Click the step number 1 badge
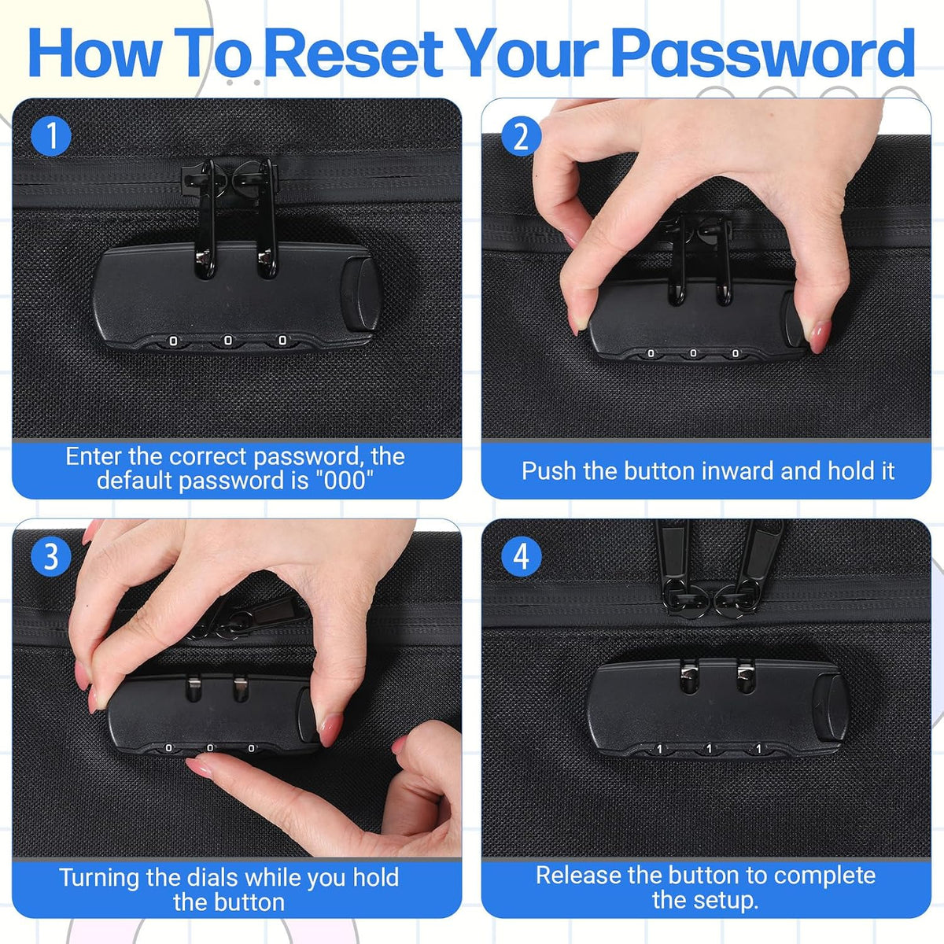[x=51, y=135]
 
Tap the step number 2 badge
[x=522, y=135]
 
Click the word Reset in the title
[x=356, y=53]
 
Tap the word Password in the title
[x=763, y=53]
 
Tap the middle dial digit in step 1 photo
[x=228, y=341]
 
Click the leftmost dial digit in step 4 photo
[x=659, y=749]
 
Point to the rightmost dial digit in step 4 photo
[x=758, y=749]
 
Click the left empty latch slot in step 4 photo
[x=688, y=677]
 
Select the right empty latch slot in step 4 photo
[x=746, y=677]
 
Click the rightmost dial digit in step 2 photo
[x=735, y=353]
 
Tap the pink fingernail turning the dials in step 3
[x=198, y=767]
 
